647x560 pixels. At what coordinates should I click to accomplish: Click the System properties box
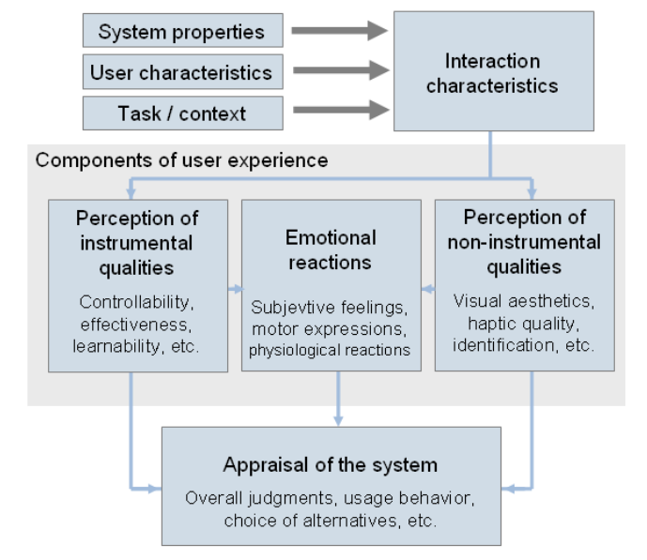point(183,31)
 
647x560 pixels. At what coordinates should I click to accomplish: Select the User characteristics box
point(183,71)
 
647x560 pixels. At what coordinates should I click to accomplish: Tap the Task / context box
point(183,114)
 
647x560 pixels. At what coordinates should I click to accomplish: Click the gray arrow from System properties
point(340,31)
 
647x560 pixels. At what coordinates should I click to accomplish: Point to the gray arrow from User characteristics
point(341,70)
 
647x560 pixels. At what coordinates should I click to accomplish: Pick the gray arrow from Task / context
point(341,110)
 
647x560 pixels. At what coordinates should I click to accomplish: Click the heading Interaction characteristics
point(492,73)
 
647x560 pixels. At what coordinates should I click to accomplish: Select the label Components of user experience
point(181,160)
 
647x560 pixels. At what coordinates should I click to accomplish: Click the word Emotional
point(331,237)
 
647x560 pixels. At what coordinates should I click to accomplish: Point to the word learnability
point(116,346)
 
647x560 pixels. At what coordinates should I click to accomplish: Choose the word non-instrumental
point(524,242)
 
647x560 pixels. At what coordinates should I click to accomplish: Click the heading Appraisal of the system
point(331,465)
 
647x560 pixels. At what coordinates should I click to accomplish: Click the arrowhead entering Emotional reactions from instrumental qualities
point(239,289)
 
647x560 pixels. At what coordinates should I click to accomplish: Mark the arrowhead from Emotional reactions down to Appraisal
point(338,421)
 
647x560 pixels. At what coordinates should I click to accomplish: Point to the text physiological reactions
point(330,350)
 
